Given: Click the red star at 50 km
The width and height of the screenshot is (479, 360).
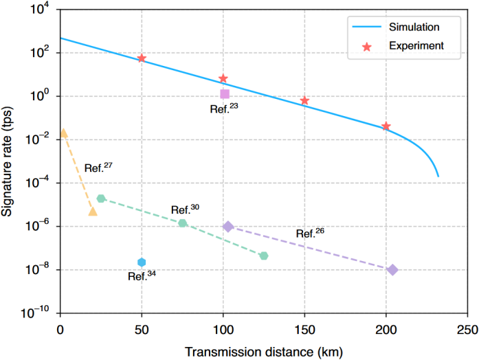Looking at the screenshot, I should point(142,58).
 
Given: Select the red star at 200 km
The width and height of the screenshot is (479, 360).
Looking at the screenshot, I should point(386,126).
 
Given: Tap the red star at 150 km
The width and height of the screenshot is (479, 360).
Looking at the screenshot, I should point(304,100).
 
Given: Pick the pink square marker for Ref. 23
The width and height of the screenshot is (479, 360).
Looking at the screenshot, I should point(224,93).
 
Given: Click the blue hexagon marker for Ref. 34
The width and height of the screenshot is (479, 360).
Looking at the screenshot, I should point(142,262).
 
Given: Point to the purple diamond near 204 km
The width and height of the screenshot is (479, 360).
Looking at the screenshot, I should point(392,270).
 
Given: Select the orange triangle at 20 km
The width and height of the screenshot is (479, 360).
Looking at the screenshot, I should point(93,211).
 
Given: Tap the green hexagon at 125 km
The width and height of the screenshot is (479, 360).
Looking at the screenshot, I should point(264,256).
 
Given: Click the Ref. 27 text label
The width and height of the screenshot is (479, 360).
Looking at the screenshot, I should point(97,168).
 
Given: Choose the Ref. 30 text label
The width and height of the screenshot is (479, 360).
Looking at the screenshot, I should point(184,210).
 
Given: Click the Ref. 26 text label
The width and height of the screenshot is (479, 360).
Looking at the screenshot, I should point(309,232).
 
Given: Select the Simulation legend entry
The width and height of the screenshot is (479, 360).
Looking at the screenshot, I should point(414,27).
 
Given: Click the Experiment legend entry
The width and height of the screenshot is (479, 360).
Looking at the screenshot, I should point(414,46).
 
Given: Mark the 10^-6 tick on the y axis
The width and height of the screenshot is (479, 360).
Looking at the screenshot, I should point(41,226).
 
